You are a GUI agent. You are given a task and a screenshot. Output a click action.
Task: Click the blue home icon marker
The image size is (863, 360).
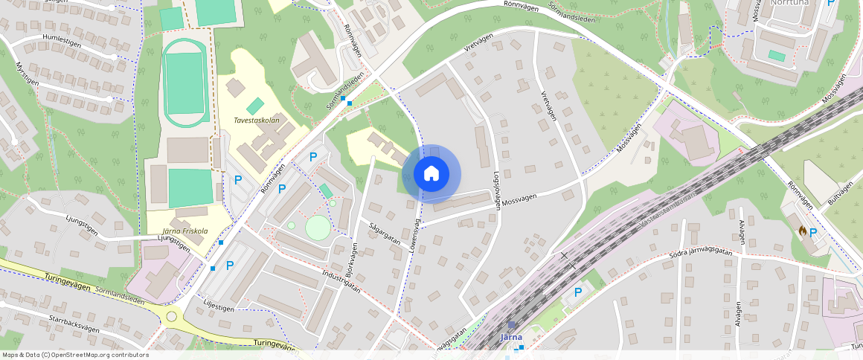(431, 174)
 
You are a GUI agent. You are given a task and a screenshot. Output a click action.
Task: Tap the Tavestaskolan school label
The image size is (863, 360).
(256, 120)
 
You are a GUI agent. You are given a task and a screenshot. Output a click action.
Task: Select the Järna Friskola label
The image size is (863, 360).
(185, 231)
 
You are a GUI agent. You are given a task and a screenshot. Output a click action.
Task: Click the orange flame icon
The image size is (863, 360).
(802, 232)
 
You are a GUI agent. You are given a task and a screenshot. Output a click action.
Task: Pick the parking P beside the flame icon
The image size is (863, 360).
(813, 232)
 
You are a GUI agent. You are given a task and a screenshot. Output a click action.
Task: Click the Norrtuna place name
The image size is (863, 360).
(790, 3)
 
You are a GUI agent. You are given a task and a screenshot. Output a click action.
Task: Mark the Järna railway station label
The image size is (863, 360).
(511, 337)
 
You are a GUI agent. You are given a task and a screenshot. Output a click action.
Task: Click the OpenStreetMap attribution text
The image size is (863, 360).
(75, 355)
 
